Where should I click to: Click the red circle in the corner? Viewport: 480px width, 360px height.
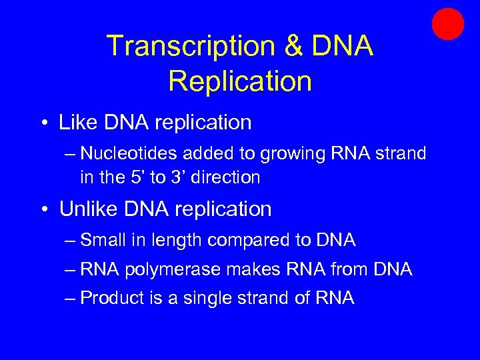click(x=447, y=25)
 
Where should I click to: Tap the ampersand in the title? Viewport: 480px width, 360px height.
click(x=292, y=46)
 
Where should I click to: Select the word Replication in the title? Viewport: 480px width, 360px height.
click(x=240, y=81)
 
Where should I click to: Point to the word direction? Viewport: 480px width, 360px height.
click(x=227, y=177)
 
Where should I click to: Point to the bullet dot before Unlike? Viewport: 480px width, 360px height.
click(x=43, y=209)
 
